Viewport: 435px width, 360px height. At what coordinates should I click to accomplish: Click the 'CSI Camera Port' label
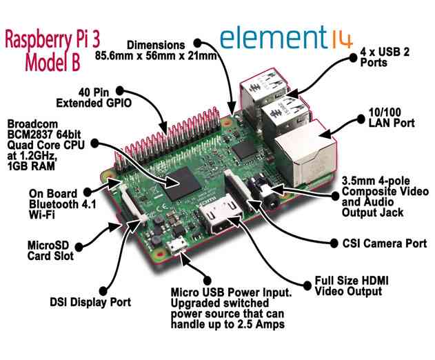[390, 243]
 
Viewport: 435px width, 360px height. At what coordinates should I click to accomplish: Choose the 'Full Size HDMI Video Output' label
[348, 286]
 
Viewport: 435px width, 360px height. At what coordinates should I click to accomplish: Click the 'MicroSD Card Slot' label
[49, 251]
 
